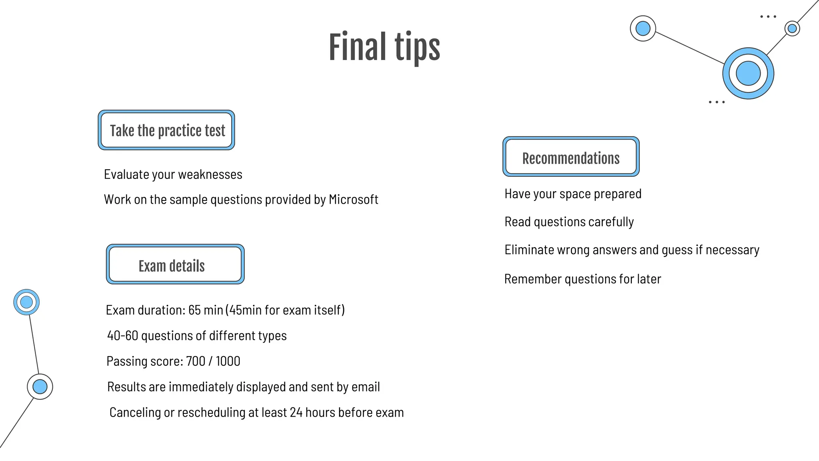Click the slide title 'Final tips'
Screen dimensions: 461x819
tap(384, 47)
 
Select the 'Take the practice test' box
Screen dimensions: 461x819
tap(167, 130)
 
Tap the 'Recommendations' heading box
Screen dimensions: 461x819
tap(571, 157)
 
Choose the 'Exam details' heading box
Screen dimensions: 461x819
tap(175, 265)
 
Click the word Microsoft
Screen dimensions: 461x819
tap(353, 199)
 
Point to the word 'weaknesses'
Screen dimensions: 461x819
tap(210, 174)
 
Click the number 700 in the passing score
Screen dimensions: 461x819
tap(196, 361)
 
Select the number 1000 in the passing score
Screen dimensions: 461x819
tap(228, 361)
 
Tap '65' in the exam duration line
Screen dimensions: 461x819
tap(194, 310)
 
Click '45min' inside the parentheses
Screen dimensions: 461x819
tap(245, 310)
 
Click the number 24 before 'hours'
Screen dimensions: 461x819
tap(296, 413)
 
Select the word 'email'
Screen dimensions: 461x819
tap(366, 387)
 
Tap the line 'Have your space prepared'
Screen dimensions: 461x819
tap(573, 194)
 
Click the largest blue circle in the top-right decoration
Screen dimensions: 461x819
tap(748, 73)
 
